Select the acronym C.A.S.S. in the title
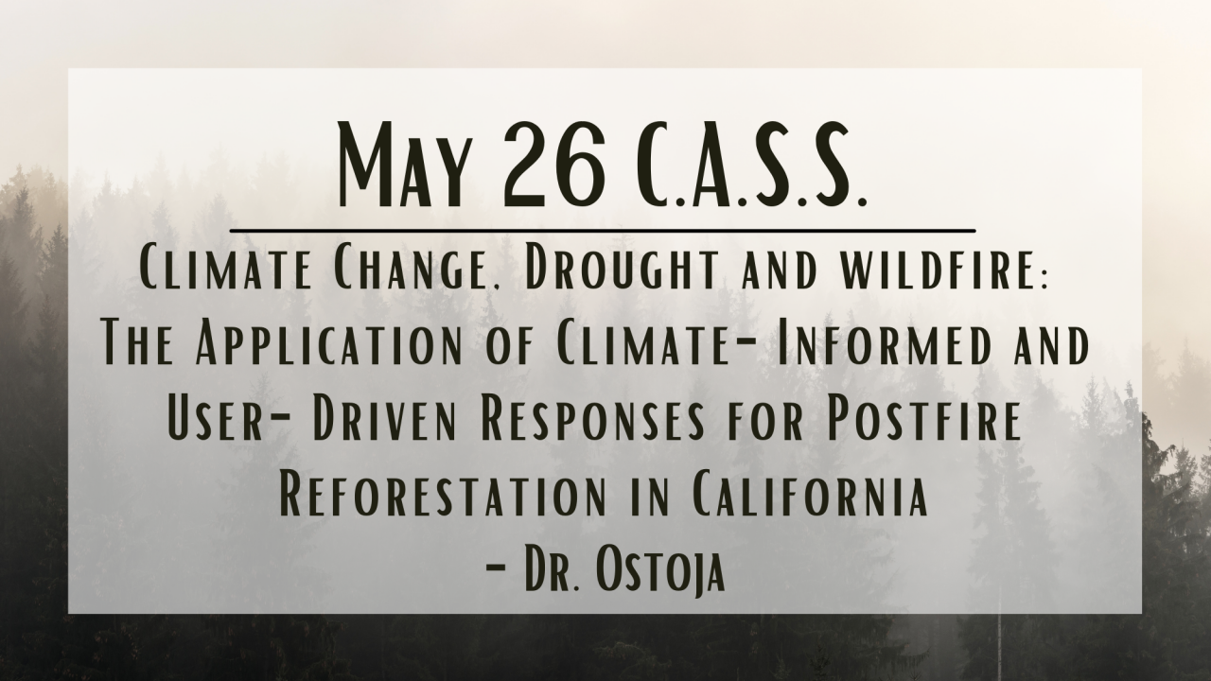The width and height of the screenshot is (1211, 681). tap(751, 165)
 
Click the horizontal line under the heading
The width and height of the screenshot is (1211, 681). tap(603, 230)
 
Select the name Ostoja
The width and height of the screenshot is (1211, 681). tap(659, 572)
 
